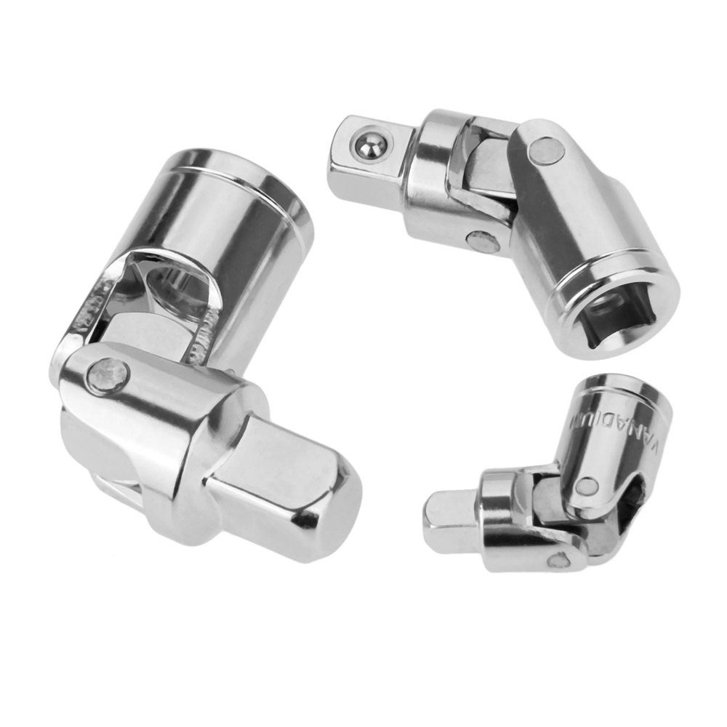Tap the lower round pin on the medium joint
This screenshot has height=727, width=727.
(x=481, y=240)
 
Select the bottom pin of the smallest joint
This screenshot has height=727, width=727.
(x=559, y=561)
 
